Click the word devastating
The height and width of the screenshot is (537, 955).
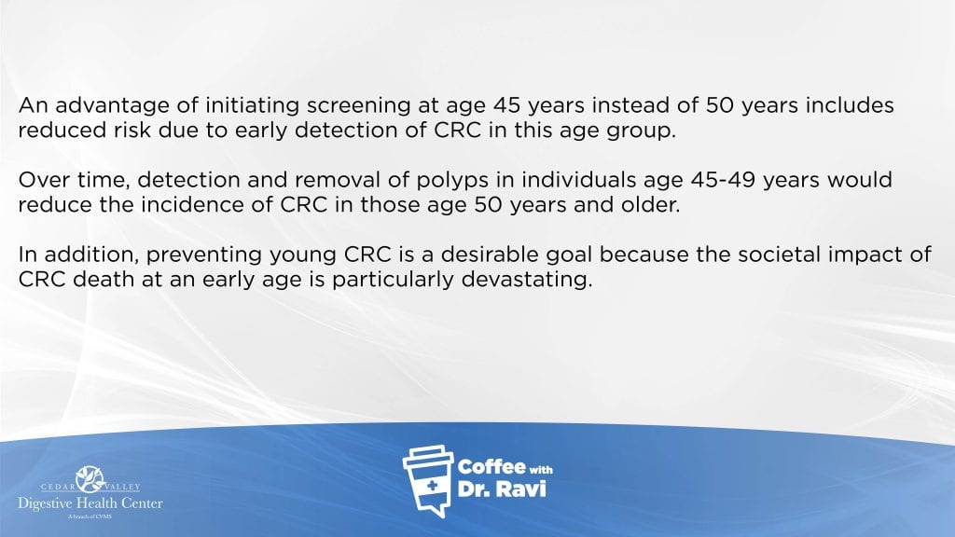(x=527, y=280)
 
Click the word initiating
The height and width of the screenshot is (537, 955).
(x=252, y=106)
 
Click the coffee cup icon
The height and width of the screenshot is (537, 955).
(x=428, y=481)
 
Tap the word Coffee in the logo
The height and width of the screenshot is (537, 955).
(x=491, y=467)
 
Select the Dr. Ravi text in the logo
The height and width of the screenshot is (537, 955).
(x=501, y=489)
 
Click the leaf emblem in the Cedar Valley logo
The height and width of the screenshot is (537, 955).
(x=90, y=478)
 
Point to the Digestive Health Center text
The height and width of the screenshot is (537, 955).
(x=90, y=503)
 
